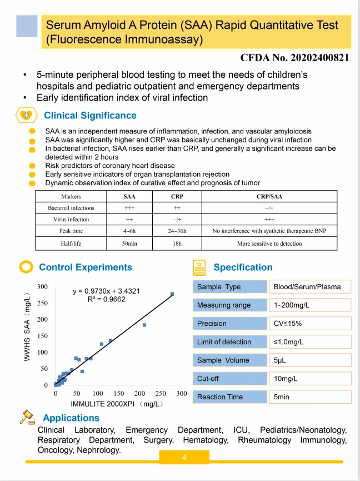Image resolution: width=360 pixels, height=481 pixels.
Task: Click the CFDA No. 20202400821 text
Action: pyautogui.click(x=294, y=58)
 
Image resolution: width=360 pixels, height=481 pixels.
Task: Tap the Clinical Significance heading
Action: pyautogui.click(x=90, y=116)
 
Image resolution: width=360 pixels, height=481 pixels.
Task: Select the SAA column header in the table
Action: pyautogui.click(x=129, y=196)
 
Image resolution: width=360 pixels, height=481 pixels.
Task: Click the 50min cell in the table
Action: pyautogui.click(x=129, y=244)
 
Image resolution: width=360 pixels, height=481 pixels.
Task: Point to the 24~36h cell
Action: pyautogui.click(x=177, y=231)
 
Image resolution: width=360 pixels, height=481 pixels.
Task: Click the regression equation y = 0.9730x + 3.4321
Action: pyautogui.click(x=107, y=291)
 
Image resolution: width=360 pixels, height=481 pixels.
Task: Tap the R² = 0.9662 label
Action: pyautogui.click(x=107, y=299)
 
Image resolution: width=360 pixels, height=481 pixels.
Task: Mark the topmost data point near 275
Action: pyautogui.click(x=172, y=294)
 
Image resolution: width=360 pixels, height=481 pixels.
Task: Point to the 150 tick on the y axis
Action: pyautogui.click(x=43, y=336)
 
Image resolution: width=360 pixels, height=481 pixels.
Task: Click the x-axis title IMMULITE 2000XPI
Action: pyautogui.click(x=117, y=403)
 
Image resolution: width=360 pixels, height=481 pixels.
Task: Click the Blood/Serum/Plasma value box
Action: pyautogui.click(x=310, y=287)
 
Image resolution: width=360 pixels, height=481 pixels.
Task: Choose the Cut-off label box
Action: pyautogui.click(x=230, y=379)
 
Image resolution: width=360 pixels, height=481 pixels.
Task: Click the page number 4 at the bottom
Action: pyautogui.click(x=184, y=458)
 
